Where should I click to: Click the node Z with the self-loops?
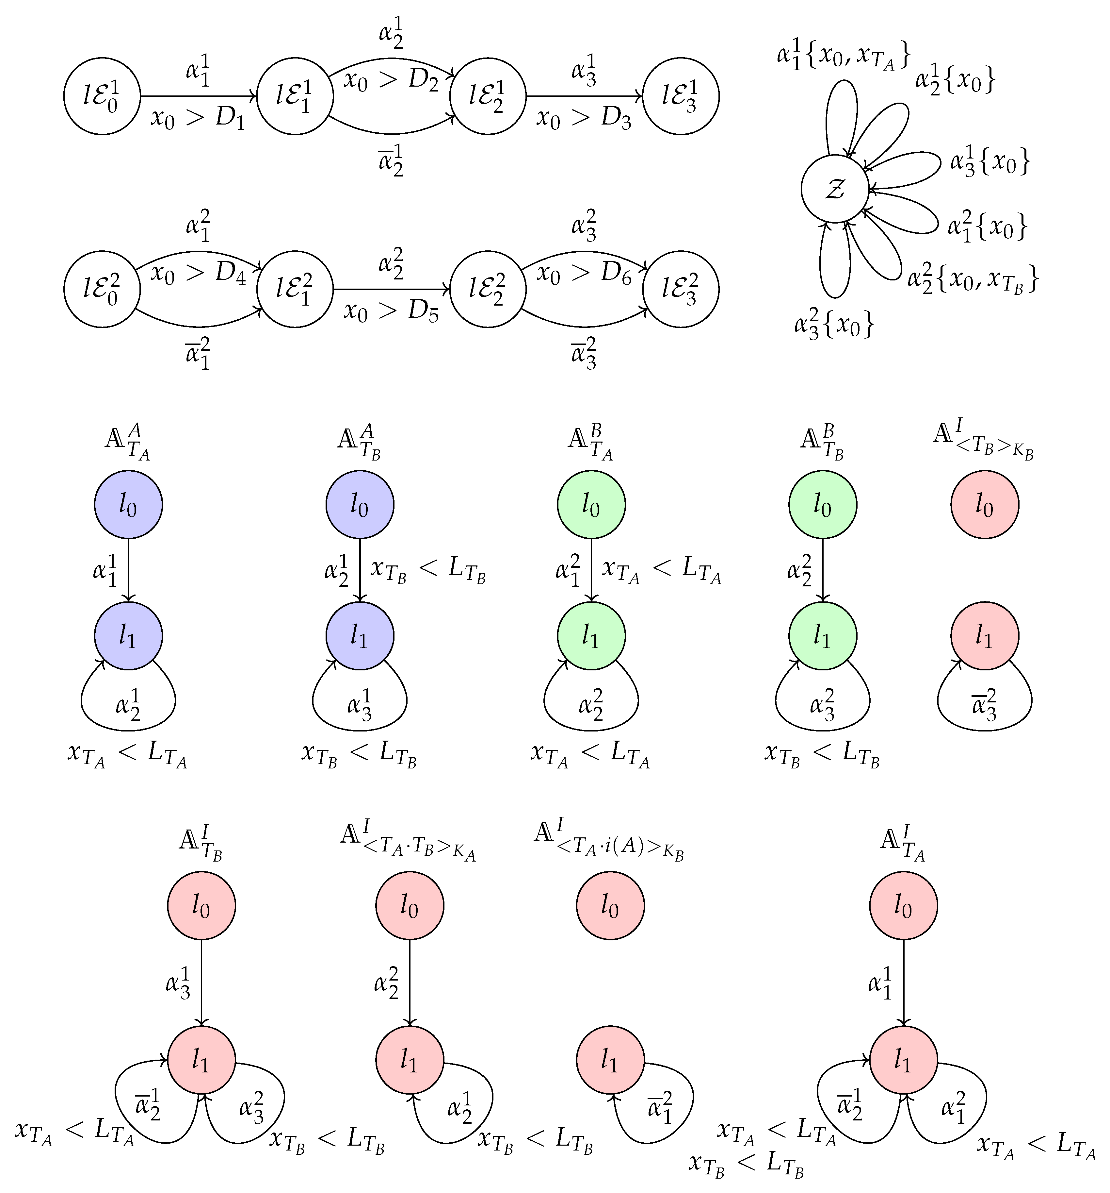(834, 189)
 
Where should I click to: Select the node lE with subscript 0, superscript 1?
(102, 96)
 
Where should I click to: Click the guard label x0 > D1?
(198, 118)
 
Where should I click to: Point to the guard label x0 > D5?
(391, 311)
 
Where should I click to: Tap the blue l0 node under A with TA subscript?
(128, 505)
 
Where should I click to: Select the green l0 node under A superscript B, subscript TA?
(591, 505)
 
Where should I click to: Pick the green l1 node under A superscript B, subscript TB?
(822, 635)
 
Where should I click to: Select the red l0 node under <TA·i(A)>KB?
(610, 906)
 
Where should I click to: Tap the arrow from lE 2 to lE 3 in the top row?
(584, 96)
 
